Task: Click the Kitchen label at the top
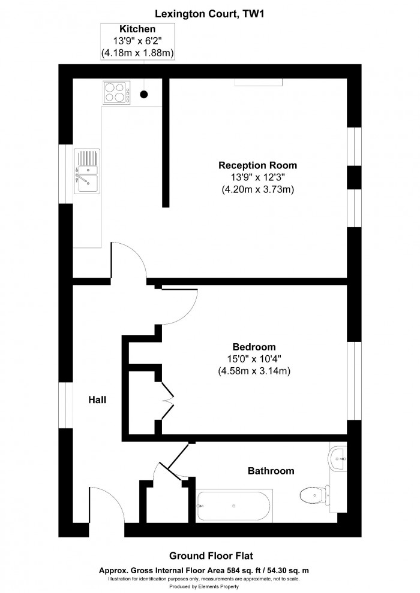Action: coord(137,29)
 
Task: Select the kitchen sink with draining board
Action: coord(87,171)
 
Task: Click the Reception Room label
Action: coord(257,165)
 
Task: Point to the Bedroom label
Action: coord(254,347)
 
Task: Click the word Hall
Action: coord(97,399)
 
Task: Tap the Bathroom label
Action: coord(271,471)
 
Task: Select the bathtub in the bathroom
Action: coord(234,505)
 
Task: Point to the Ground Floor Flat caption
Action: coord(209,556)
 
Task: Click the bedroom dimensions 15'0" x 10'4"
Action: coord(254,359)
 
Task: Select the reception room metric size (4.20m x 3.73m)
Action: coord(257,189)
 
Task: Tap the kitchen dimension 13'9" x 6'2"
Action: coord(137,41)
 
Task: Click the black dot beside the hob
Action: coord(144,93)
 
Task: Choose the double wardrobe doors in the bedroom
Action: coord(167,400)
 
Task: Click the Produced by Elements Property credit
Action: coord(209,586)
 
